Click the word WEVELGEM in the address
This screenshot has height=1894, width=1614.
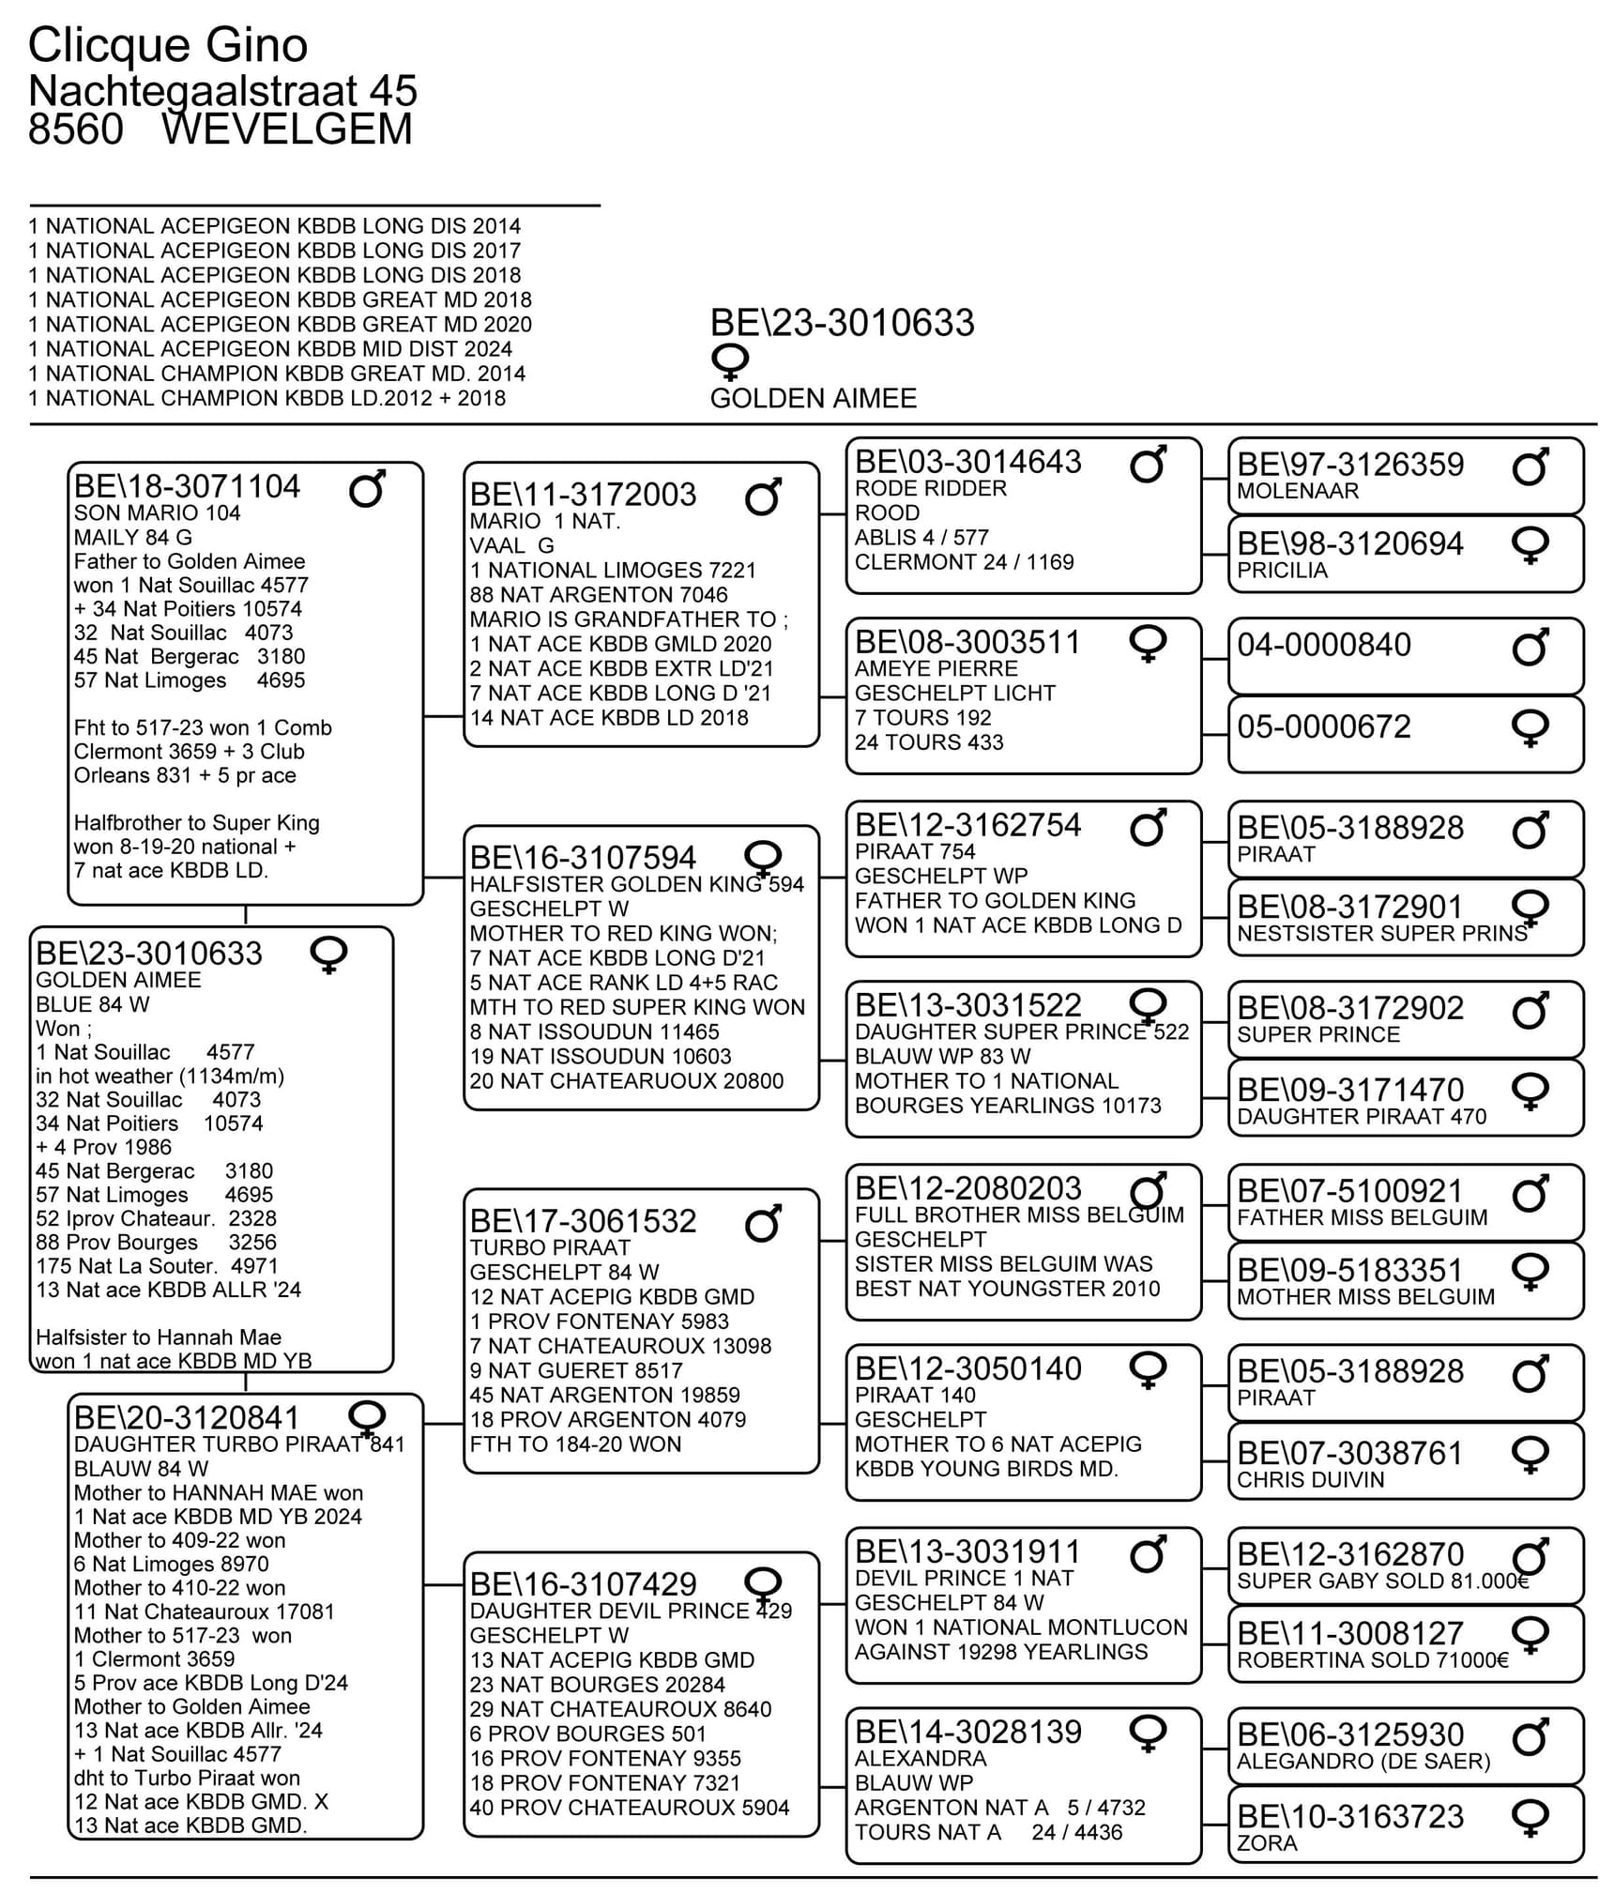click(x=286, y=130)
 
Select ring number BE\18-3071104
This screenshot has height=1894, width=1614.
click(x=187, y=486)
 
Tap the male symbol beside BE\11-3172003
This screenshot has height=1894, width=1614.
click(x=763, y=496)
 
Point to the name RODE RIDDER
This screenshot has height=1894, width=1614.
click(x=930, y=488)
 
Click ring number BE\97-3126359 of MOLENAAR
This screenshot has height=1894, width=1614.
click(x=1349, y=464)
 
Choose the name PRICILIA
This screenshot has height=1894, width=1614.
click(x=1282, y=571)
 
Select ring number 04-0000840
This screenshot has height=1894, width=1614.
click(x=1323, y=645)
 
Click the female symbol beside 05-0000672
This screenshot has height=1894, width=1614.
click(x=1530, y=727)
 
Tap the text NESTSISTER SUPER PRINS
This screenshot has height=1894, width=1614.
click(x=1381, y=934)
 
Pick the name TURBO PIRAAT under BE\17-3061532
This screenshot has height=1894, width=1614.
click(x=549, y=1247)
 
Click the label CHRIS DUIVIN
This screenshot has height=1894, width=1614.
click(x=1310, y=1480)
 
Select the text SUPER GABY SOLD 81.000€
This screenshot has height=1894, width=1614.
click(x=1382, y=1581)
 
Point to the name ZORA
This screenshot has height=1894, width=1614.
click(x=1267, y=1843)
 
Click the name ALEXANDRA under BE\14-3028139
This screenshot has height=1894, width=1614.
click(x=920, y=1758)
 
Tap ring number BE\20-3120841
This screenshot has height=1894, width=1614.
click(x=187, y=1417)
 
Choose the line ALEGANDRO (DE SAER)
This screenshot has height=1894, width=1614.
click(x=1363, y=1761)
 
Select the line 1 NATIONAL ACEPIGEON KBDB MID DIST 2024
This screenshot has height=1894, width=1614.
click(x=270, y=349)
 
